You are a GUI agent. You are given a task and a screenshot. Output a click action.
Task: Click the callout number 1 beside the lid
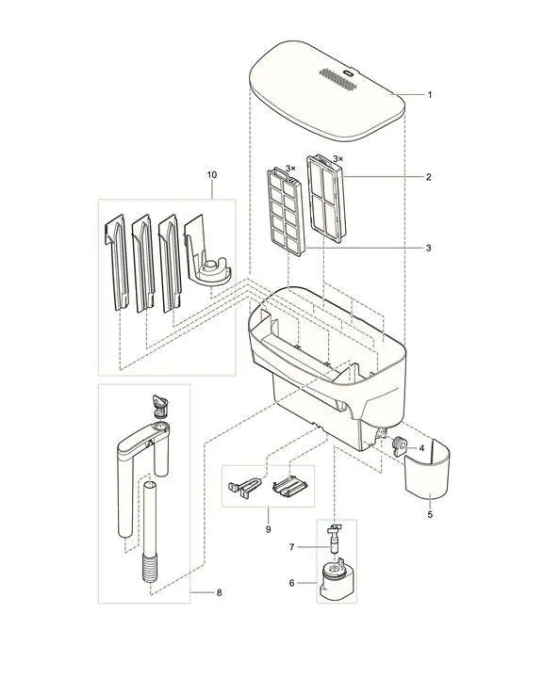[x=430, y=95]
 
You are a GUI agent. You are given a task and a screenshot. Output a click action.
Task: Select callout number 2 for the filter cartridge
[x=429, y=177]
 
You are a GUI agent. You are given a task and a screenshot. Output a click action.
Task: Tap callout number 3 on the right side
[x=429, y=249]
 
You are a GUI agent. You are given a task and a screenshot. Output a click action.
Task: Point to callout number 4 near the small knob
[x=422, y=448]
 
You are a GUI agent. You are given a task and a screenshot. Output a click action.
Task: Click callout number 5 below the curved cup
[x=430, y=515]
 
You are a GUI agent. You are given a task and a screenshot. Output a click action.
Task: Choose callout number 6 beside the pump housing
[x=292, y=583]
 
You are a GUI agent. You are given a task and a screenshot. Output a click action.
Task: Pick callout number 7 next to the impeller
[x=292, y=547]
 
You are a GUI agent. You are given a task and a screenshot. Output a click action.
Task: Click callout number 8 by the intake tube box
[x=219, y=593]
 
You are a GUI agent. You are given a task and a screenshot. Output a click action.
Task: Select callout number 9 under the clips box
[x=268, y=529]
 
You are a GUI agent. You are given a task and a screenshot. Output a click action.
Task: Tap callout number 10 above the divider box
[x=212, y=175]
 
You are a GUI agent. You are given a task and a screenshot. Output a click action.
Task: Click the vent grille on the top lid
[x=338, y=79]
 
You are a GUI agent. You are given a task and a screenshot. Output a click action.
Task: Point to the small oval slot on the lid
[x=349, y=73]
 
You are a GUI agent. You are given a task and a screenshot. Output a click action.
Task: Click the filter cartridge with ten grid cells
[x=287, y=212]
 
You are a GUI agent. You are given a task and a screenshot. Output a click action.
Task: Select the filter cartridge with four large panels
[x=324, y=199]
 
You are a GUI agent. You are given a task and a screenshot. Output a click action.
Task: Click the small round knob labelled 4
[x=400, y=445]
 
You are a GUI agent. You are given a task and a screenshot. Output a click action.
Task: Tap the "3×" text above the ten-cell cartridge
[x=290, y=169]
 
